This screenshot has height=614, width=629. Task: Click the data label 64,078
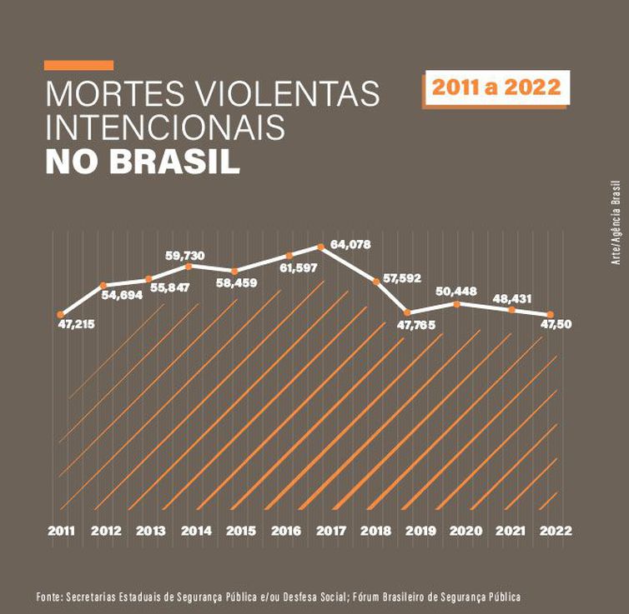[x=350, y=244]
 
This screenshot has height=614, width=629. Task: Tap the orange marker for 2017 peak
[x=320, y=247]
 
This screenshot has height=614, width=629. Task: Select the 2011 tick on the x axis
[x=61, y=531]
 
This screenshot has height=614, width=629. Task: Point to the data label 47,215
[x=76, y=323]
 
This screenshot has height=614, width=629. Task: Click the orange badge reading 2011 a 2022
[x=496, y=87]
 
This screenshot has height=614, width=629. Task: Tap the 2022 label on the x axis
[x=556, y=531]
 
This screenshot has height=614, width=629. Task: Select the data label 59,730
[x=185, y=255]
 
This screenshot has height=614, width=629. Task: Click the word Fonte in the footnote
[x=51, y=597]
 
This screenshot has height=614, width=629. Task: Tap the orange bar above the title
[x=78, y=65]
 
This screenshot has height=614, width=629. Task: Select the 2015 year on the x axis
[x=241, y=531]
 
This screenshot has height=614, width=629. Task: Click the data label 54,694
[x=122, y=294]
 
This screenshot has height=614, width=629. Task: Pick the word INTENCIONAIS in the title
[x=165, y=128]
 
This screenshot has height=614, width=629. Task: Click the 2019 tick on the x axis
[x=421, y=531]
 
